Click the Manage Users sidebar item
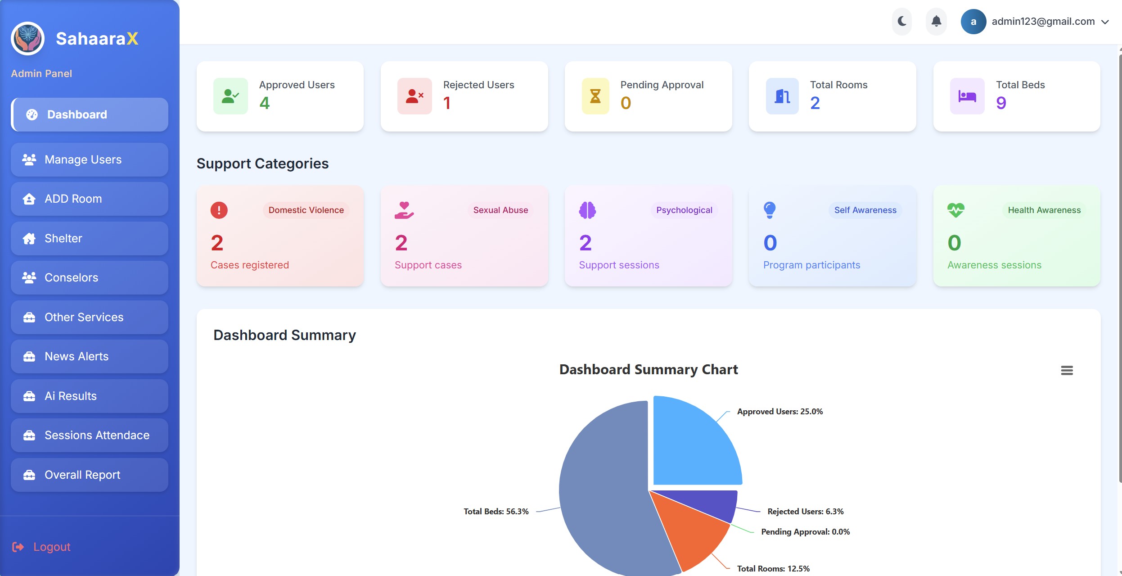(x=90, y=160)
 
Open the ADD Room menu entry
(x=90, y=199)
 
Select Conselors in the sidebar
(x=90, y=278)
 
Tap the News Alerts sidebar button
(x=90, y=357)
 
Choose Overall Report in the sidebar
(x=90, y=475)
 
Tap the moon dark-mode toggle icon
(x=902, y=21)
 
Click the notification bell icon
(x=937, y=21)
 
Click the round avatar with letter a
(x=973, y=22)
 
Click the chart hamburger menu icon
(x=1067, y=370)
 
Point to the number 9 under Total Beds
(x=1001, y=103)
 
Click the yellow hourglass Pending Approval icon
(x=595, y=96)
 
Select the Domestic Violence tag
(x=306, y=210)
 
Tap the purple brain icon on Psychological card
(x=587, y=210)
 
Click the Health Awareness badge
(x=1044, y=210)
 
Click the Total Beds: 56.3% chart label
(x=496, y=512)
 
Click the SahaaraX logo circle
(x=27, y=39)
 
